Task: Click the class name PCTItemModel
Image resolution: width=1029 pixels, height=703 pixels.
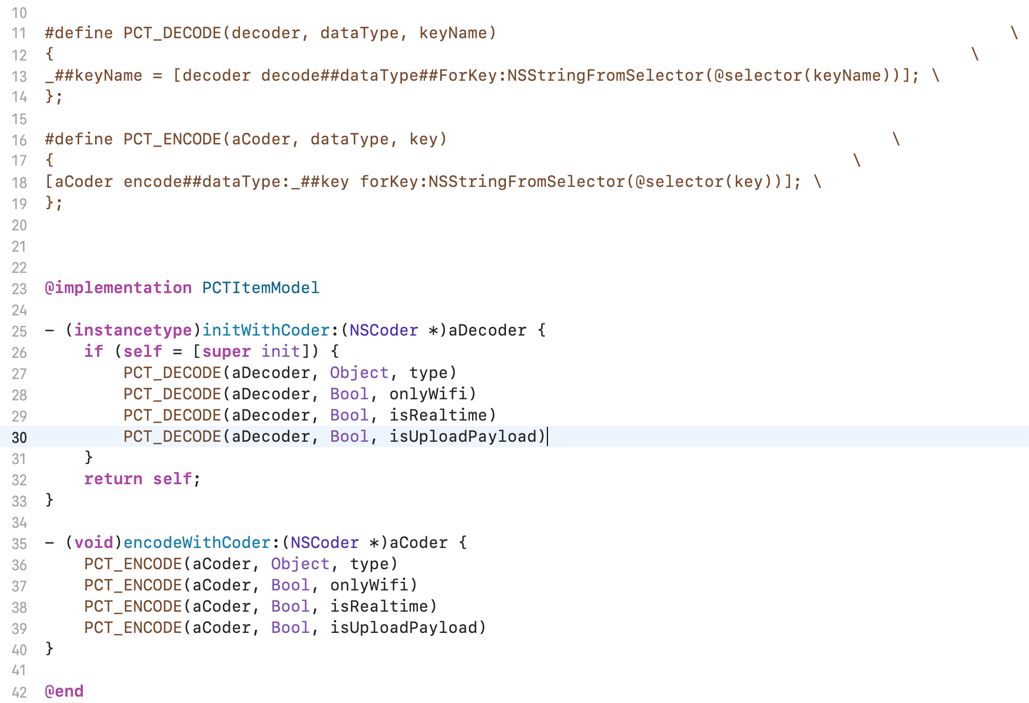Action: coord(260,288)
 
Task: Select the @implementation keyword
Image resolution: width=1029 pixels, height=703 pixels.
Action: coord(118,288)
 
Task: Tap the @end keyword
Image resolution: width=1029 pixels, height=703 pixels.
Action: coord(64,691)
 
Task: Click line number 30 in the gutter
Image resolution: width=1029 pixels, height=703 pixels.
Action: coord(19,438)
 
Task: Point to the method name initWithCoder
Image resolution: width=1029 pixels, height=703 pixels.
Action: coord(266,330)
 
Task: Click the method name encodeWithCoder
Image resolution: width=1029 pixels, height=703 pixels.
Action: coord(197,543)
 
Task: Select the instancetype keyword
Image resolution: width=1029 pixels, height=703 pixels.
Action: coord(133,330)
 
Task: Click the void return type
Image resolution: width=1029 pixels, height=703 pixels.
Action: coord(93,543)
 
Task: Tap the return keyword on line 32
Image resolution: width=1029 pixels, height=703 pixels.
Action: coord(113,479)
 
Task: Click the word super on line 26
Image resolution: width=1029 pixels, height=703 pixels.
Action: coord(226,351)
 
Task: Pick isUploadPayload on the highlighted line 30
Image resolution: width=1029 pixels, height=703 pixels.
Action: coord(463,436)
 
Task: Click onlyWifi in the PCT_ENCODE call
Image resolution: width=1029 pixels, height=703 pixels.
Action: coord(369,585)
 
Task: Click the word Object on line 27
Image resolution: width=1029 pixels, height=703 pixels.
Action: coord(359,373)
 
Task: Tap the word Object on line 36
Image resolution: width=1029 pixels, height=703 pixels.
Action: coord(300,564)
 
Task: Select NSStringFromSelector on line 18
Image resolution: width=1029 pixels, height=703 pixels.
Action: coord(527,182)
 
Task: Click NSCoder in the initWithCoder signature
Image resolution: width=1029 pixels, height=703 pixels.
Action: coord(383,330)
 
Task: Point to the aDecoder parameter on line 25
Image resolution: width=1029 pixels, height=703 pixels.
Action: coord(487,330)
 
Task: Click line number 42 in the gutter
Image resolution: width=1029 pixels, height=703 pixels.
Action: coord(19,692)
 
